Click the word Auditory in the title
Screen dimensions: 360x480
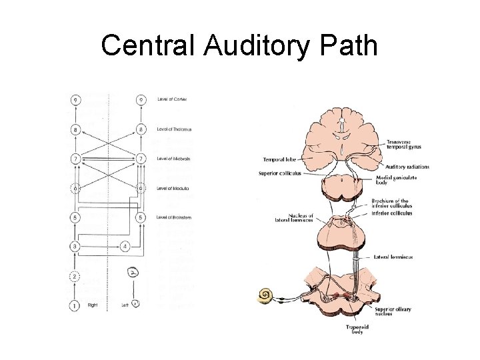[x=255, y=47]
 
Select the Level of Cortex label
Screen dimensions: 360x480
[x=172, y=99]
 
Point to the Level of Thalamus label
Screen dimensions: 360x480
[x=174, y=129]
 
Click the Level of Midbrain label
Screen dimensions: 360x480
[x=174, y=159]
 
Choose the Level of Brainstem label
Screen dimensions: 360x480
[x=175, y=217]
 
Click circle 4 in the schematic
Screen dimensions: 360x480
[x=126, y=246]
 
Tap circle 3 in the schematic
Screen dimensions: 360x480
[x=75, y=246]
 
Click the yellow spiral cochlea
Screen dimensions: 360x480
[x=267, y=295]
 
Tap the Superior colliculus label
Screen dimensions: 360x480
[x=280, y=173]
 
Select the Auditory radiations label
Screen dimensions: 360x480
[x=408, y=167]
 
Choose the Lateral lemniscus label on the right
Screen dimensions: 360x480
[x=391, y=257]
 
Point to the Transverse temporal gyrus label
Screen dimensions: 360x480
[x=404, y=144]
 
